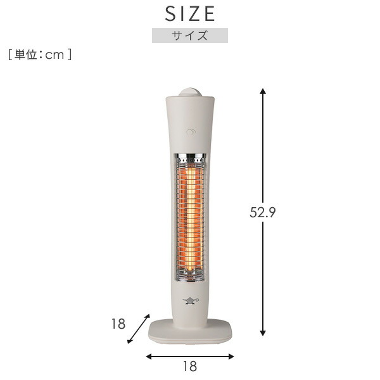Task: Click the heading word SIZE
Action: click(x=190, y=13)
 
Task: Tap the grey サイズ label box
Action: click(x=190, y=35)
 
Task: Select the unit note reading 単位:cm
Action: click(x=40, y=55)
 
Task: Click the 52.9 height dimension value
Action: click(x=262, y=213)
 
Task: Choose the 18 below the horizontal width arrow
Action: click(x=189, y=366)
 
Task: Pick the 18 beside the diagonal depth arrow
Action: click(x=118, y=324)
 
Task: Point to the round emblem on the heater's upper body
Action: click(x=190, y=132)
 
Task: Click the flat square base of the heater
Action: click(x=190, y=330)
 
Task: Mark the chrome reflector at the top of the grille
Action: click(x=190, y=156)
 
